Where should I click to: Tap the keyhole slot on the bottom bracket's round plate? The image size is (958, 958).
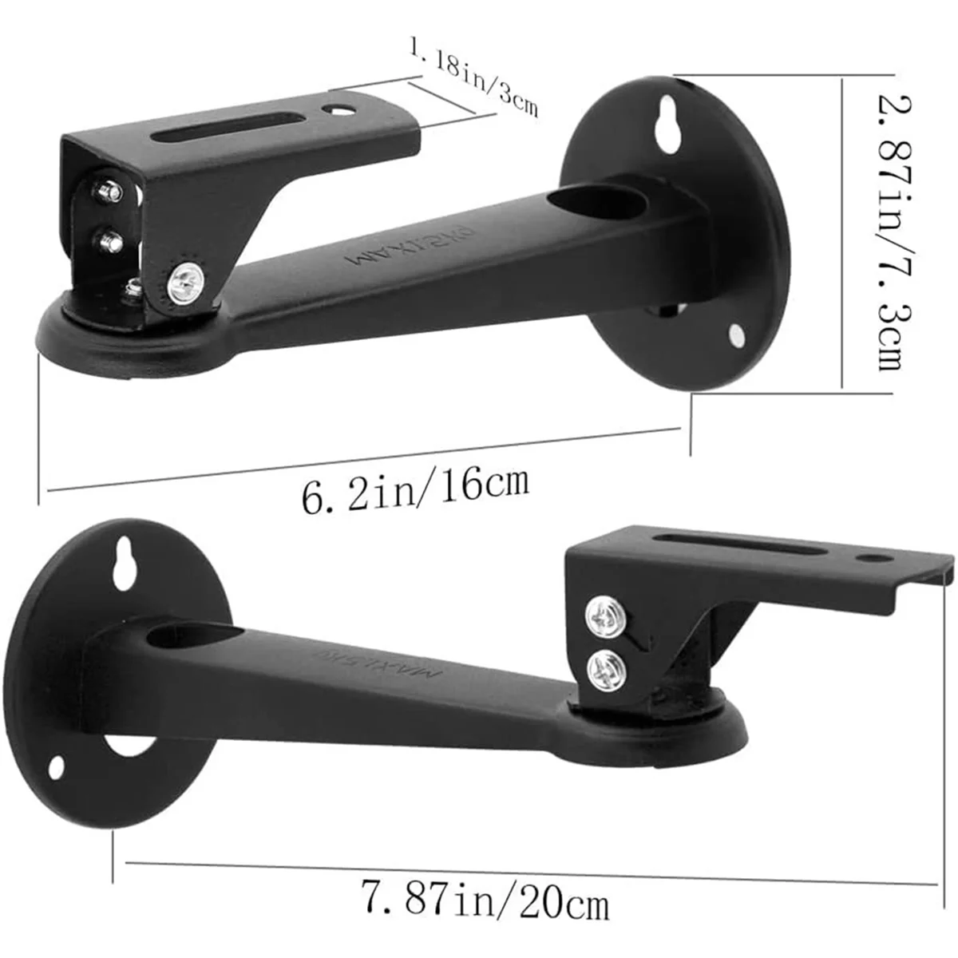(x=124, y=563)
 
